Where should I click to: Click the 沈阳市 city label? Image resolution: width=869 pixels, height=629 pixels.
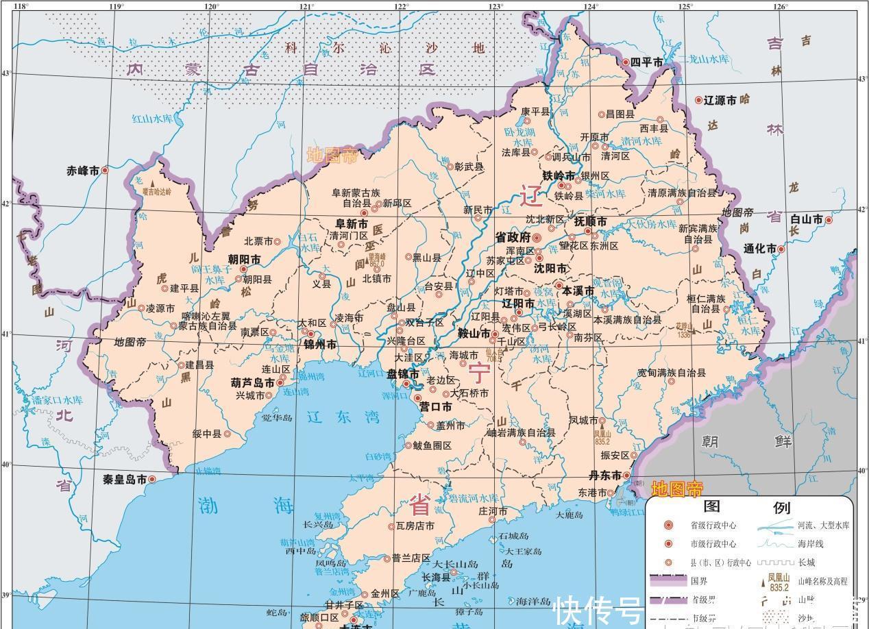coord(551,268)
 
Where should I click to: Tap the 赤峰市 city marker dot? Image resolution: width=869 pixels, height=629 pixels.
coord(106,170)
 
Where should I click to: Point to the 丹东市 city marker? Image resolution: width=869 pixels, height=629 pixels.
coord(626,476)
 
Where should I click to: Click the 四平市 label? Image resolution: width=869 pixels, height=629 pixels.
coord(648,62)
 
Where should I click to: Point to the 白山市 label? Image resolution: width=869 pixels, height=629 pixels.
coord(806,220)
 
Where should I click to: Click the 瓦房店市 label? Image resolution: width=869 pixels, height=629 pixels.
coord(415,526)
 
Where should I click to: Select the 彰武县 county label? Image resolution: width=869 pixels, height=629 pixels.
coord(469,166)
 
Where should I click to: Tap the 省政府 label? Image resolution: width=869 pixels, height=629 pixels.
coord(513,238)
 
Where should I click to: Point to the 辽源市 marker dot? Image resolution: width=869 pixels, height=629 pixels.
coord(700,100)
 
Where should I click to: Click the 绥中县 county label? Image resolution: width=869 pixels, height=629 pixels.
coord(207,434)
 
